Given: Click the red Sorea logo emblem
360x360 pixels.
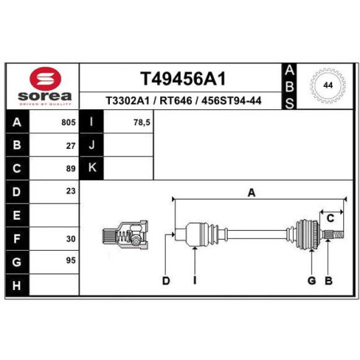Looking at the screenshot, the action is (45, 79).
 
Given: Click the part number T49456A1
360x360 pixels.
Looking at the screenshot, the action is (183, 79).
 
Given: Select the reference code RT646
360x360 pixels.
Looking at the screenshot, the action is (176, 101).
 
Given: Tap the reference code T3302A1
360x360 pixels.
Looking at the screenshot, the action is (127, 101).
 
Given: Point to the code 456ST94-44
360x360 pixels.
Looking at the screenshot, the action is (231, 101).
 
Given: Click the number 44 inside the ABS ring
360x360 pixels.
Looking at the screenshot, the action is (328, 85).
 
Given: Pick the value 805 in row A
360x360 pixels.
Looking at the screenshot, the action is (68, 123).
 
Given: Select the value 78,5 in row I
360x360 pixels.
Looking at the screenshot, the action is (142, 123).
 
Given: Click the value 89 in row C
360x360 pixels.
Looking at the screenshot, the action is (71, 169).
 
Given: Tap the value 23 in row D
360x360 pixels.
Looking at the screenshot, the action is (71, 191).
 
